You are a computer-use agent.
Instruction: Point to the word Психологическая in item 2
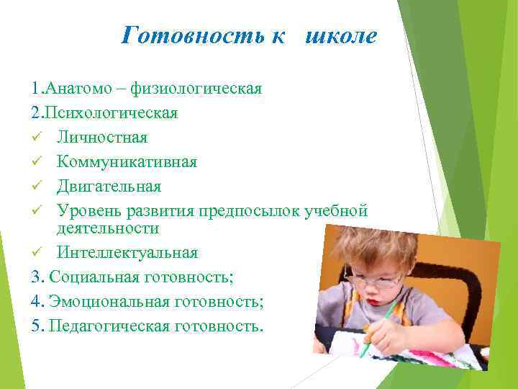(112, 113)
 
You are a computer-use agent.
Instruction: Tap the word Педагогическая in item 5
(109, 326)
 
